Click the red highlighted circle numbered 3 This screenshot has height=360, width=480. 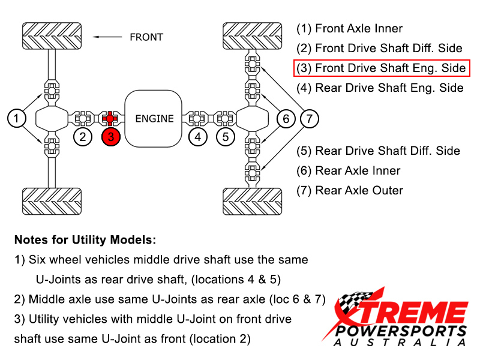[x=112, y=137]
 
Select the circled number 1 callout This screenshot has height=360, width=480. [x=17, y=118]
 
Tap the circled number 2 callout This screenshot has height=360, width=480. [x=83, y=137]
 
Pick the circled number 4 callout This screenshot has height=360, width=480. [x=197, y=137]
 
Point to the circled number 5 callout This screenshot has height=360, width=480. [x=225, y=137]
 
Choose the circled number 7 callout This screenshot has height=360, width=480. [x=309, y=119]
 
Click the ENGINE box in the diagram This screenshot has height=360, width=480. [x=154, y=118]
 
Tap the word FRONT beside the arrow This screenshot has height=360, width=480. [x=146, y=37]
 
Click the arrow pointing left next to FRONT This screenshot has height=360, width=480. [x=108, y=37]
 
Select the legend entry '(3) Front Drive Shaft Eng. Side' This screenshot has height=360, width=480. [x=382, y=68]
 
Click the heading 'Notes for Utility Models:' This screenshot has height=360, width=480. [x=85, y=240]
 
